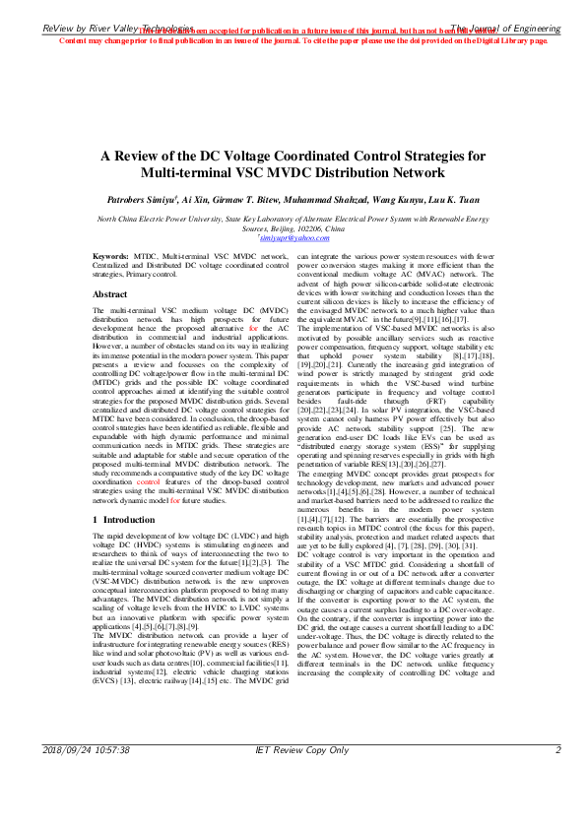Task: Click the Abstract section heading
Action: (109, 267)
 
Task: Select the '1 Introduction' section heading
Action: (127, 518)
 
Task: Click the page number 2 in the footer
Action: (558, 805)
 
